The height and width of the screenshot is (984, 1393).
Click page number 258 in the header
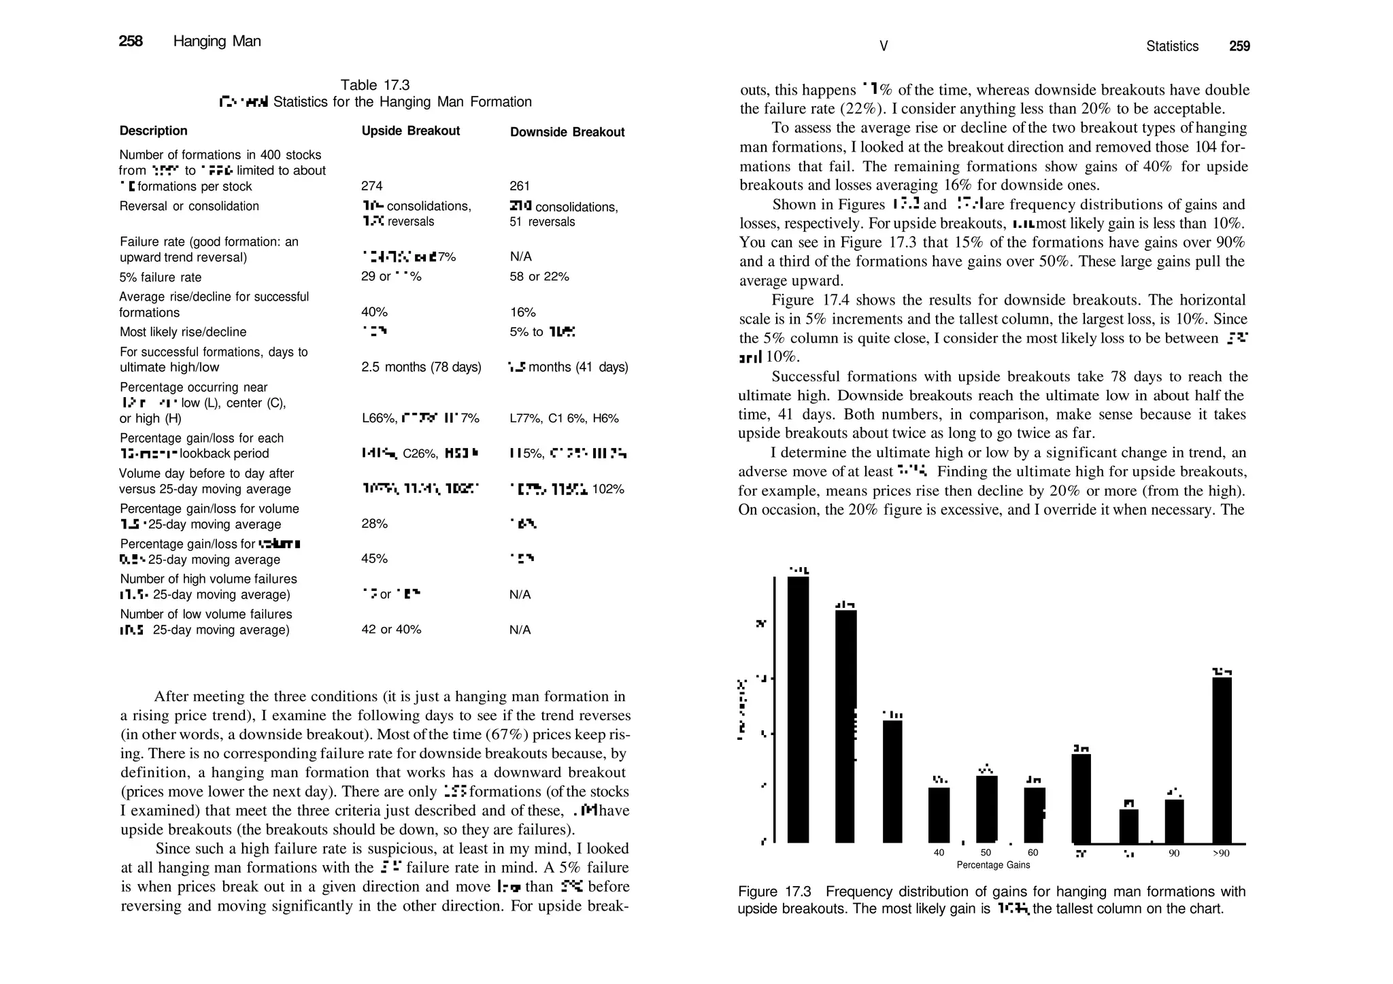click(131, 41)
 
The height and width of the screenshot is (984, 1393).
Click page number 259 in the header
click(1239, 46)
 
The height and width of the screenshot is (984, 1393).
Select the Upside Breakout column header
click(410, 131)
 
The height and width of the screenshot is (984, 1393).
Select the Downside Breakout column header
click(567, 133)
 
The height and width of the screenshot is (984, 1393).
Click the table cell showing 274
click(372, 186)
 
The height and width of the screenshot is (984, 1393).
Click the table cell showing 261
click(520, 186)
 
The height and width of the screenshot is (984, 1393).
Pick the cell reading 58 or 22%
click(539, 277)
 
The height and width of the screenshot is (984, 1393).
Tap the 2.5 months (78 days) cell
click(421, 367)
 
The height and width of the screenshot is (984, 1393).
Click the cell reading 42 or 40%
click(391, 630)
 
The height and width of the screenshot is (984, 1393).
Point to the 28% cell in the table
click(374, 524)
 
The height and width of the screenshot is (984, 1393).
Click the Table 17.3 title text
click(375, 85)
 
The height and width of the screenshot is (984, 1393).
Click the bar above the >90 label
click(1222, 760)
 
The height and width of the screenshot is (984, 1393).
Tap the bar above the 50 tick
click(986, 809)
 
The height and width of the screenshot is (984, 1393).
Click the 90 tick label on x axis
click(1174, 853)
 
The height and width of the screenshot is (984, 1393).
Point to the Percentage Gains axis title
click(993, 865)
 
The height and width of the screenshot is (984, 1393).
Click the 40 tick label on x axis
click(939, 853)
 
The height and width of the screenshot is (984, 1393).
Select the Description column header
click(153, 131)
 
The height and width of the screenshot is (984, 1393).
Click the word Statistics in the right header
click(1172, 46)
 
